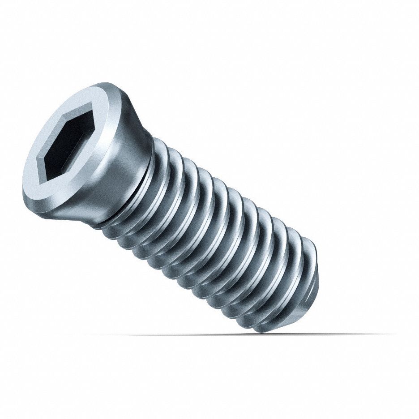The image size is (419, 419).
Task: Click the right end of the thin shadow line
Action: coord(394,333)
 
